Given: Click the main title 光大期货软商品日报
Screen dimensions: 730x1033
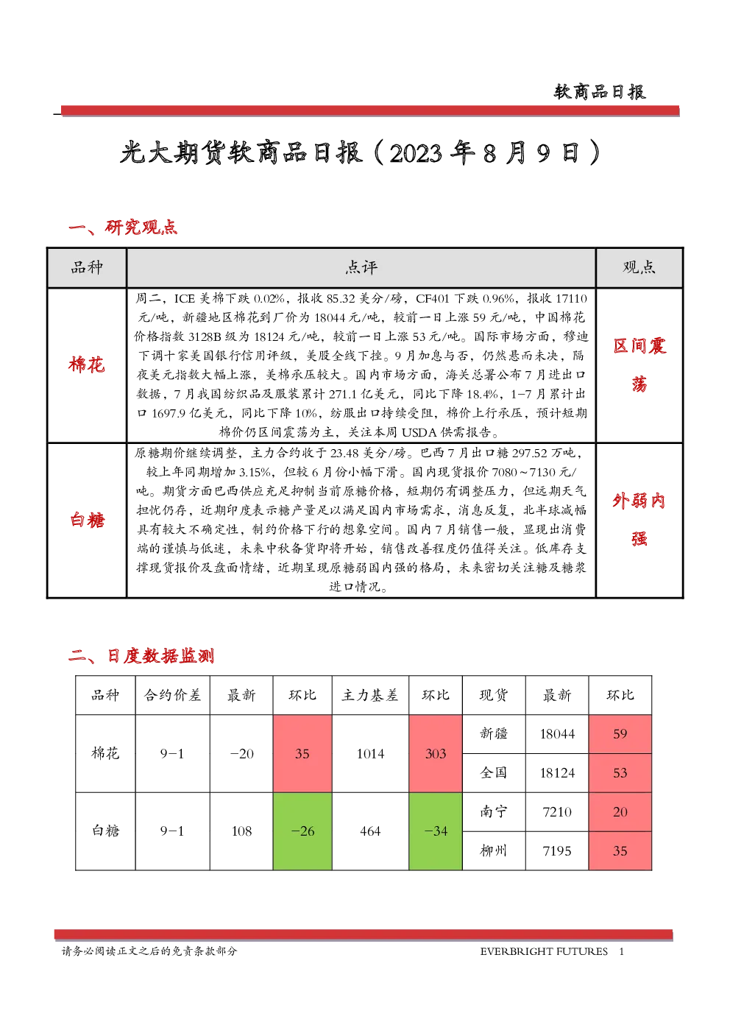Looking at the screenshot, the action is [x=241, y=152].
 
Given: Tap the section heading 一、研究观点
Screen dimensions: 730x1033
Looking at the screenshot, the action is [x=123, y=228].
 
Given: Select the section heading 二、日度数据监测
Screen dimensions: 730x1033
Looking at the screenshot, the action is [x=141, y=656].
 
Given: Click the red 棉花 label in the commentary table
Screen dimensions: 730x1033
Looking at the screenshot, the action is [x=87, y=364].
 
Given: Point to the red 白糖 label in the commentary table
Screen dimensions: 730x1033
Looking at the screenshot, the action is [x=87, y=520].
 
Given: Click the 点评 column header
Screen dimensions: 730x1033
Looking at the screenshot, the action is [x=361, y=267].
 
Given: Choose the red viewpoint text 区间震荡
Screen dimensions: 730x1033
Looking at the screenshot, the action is [x=639, y=364].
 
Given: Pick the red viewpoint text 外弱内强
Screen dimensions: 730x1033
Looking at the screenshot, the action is [x=639, y=519].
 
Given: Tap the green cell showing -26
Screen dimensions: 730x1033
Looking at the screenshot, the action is [x=302, y=831].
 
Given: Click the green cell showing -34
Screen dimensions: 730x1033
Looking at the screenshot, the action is [x=436, y=831].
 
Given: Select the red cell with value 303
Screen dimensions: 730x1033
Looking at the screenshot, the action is [x=436, y=753].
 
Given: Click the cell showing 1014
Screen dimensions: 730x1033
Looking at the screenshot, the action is [x=370, y=753].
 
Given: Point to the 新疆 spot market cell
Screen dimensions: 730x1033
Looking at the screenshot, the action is [x=494, y=734].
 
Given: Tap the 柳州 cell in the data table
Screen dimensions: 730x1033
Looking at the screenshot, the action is [x=494, y=851].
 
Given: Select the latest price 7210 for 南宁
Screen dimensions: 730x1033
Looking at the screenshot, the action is [x=557, y=811].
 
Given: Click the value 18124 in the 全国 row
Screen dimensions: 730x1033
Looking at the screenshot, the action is [x=557, y=773].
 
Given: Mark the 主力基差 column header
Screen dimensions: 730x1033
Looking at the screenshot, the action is [x=369, y=695].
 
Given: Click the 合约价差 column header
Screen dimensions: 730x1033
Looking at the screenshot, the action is [x=172, y=695].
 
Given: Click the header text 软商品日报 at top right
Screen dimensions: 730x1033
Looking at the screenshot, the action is [x=600, y=92].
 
